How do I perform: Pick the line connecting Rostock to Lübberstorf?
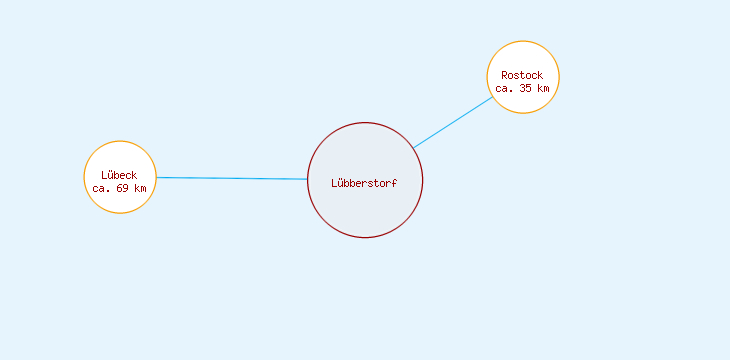[x=453, y=122]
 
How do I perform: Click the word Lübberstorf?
[x=365, y=183]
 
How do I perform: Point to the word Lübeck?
[x=119, y=176]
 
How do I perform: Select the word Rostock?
[x=522, y=75]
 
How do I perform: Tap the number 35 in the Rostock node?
[x=526, y=88]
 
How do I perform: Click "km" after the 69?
[x=140, y=188]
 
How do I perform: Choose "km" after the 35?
[x=542, y=88]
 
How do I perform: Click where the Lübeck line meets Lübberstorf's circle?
[x=308, y=179]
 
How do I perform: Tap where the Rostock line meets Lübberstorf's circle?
[x=413, y=148]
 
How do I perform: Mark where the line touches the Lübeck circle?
[x=156, y=177]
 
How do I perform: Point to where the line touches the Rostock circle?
[x=493, y=97]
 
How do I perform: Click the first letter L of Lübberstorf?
[x=335, y=183]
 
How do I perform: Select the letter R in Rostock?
[x=505, y=75]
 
